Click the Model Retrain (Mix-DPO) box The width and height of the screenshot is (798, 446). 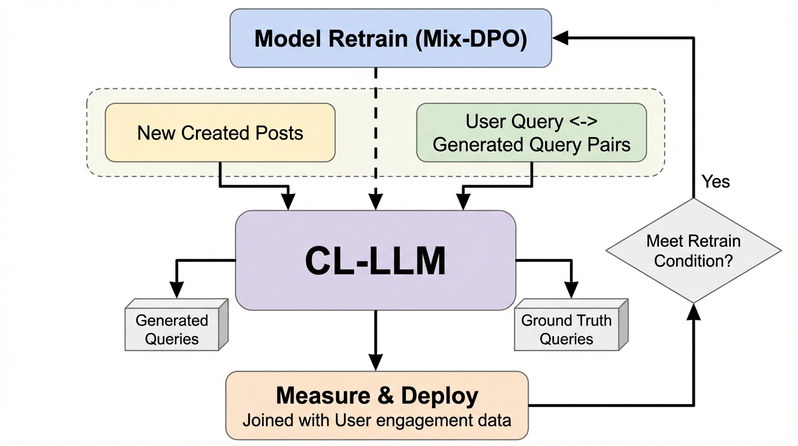[390, 38]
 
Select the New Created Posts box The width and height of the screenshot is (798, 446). [220, 132]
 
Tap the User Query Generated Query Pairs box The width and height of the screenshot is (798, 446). [531, 132]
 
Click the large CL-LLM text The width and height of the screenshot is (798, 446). [375, 261]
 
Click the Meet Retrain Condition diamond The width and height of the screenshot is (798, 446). [693, 250]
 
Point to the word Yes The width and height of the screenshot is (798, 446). [716, 182]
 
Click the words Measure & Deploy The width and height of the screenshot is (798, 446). [377, 396]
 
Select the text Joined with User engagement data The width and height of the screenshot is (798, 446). [377, 420]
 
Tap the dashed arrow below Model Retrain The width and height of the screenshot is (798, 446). [376, 134]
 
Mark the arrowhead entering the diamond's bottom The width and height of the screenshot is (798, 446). [693, 311]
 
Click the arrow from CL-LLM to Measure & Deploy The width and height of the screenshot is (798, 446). [376, 340]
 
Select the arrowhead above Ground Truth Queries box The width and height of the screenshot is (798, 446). [572, 290]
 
